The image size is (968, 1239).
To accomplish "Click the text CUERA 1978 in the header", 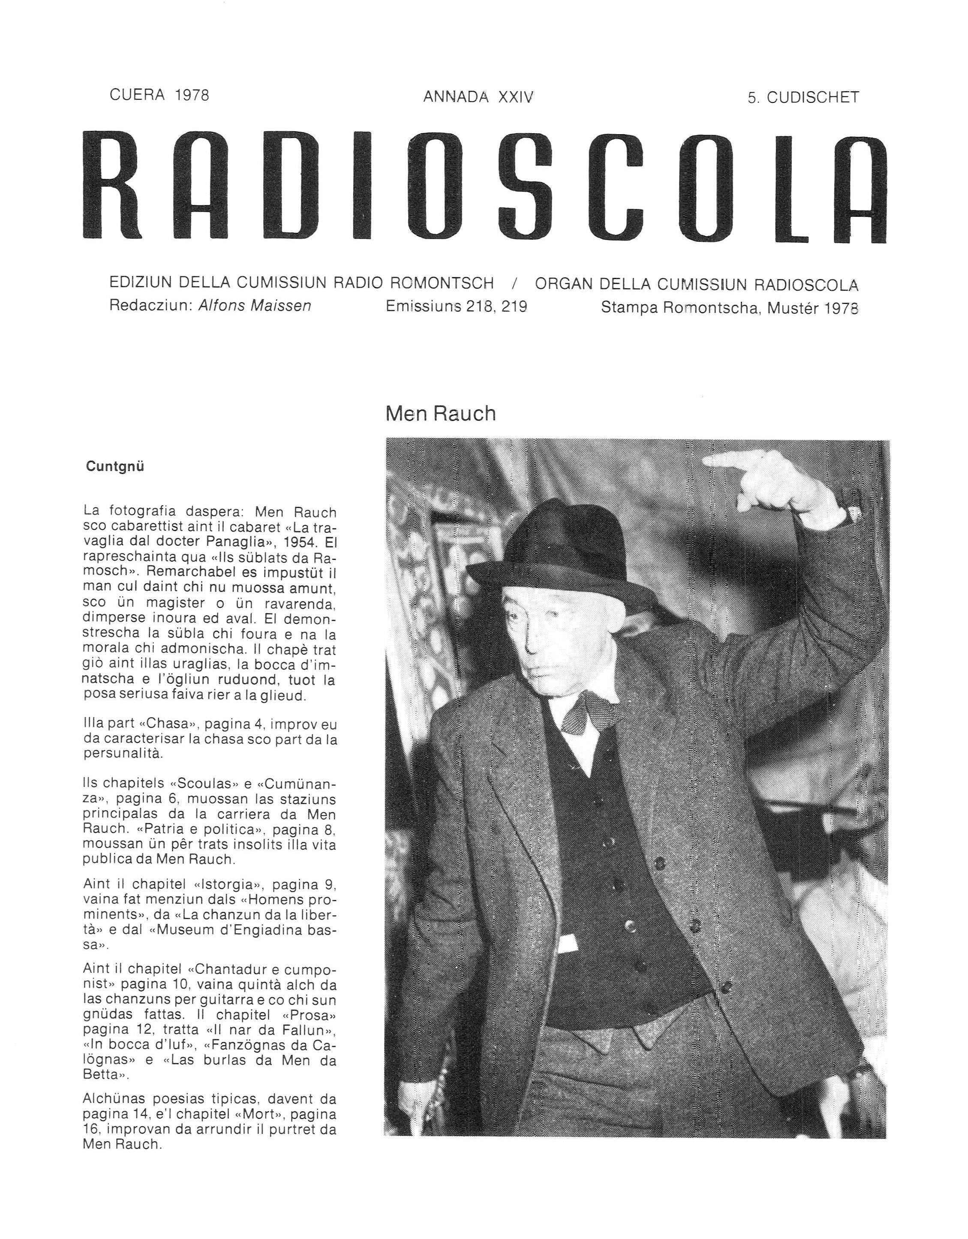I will pyautogui.click(x=159, y=95).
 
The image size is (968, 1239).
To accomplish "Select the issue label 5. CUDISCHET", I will pyautogui.click(x=803, y=98).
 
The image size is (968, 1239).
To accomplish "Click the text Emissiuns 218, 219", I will pyautogui.click(x=456, y=307).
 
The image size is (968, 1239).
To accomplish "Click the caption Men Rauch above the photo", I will pyautogui.click(x=440, y=414).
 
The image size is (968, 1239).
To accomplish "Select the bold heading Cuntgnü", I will pyautogui.click(x=115, y=466).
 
